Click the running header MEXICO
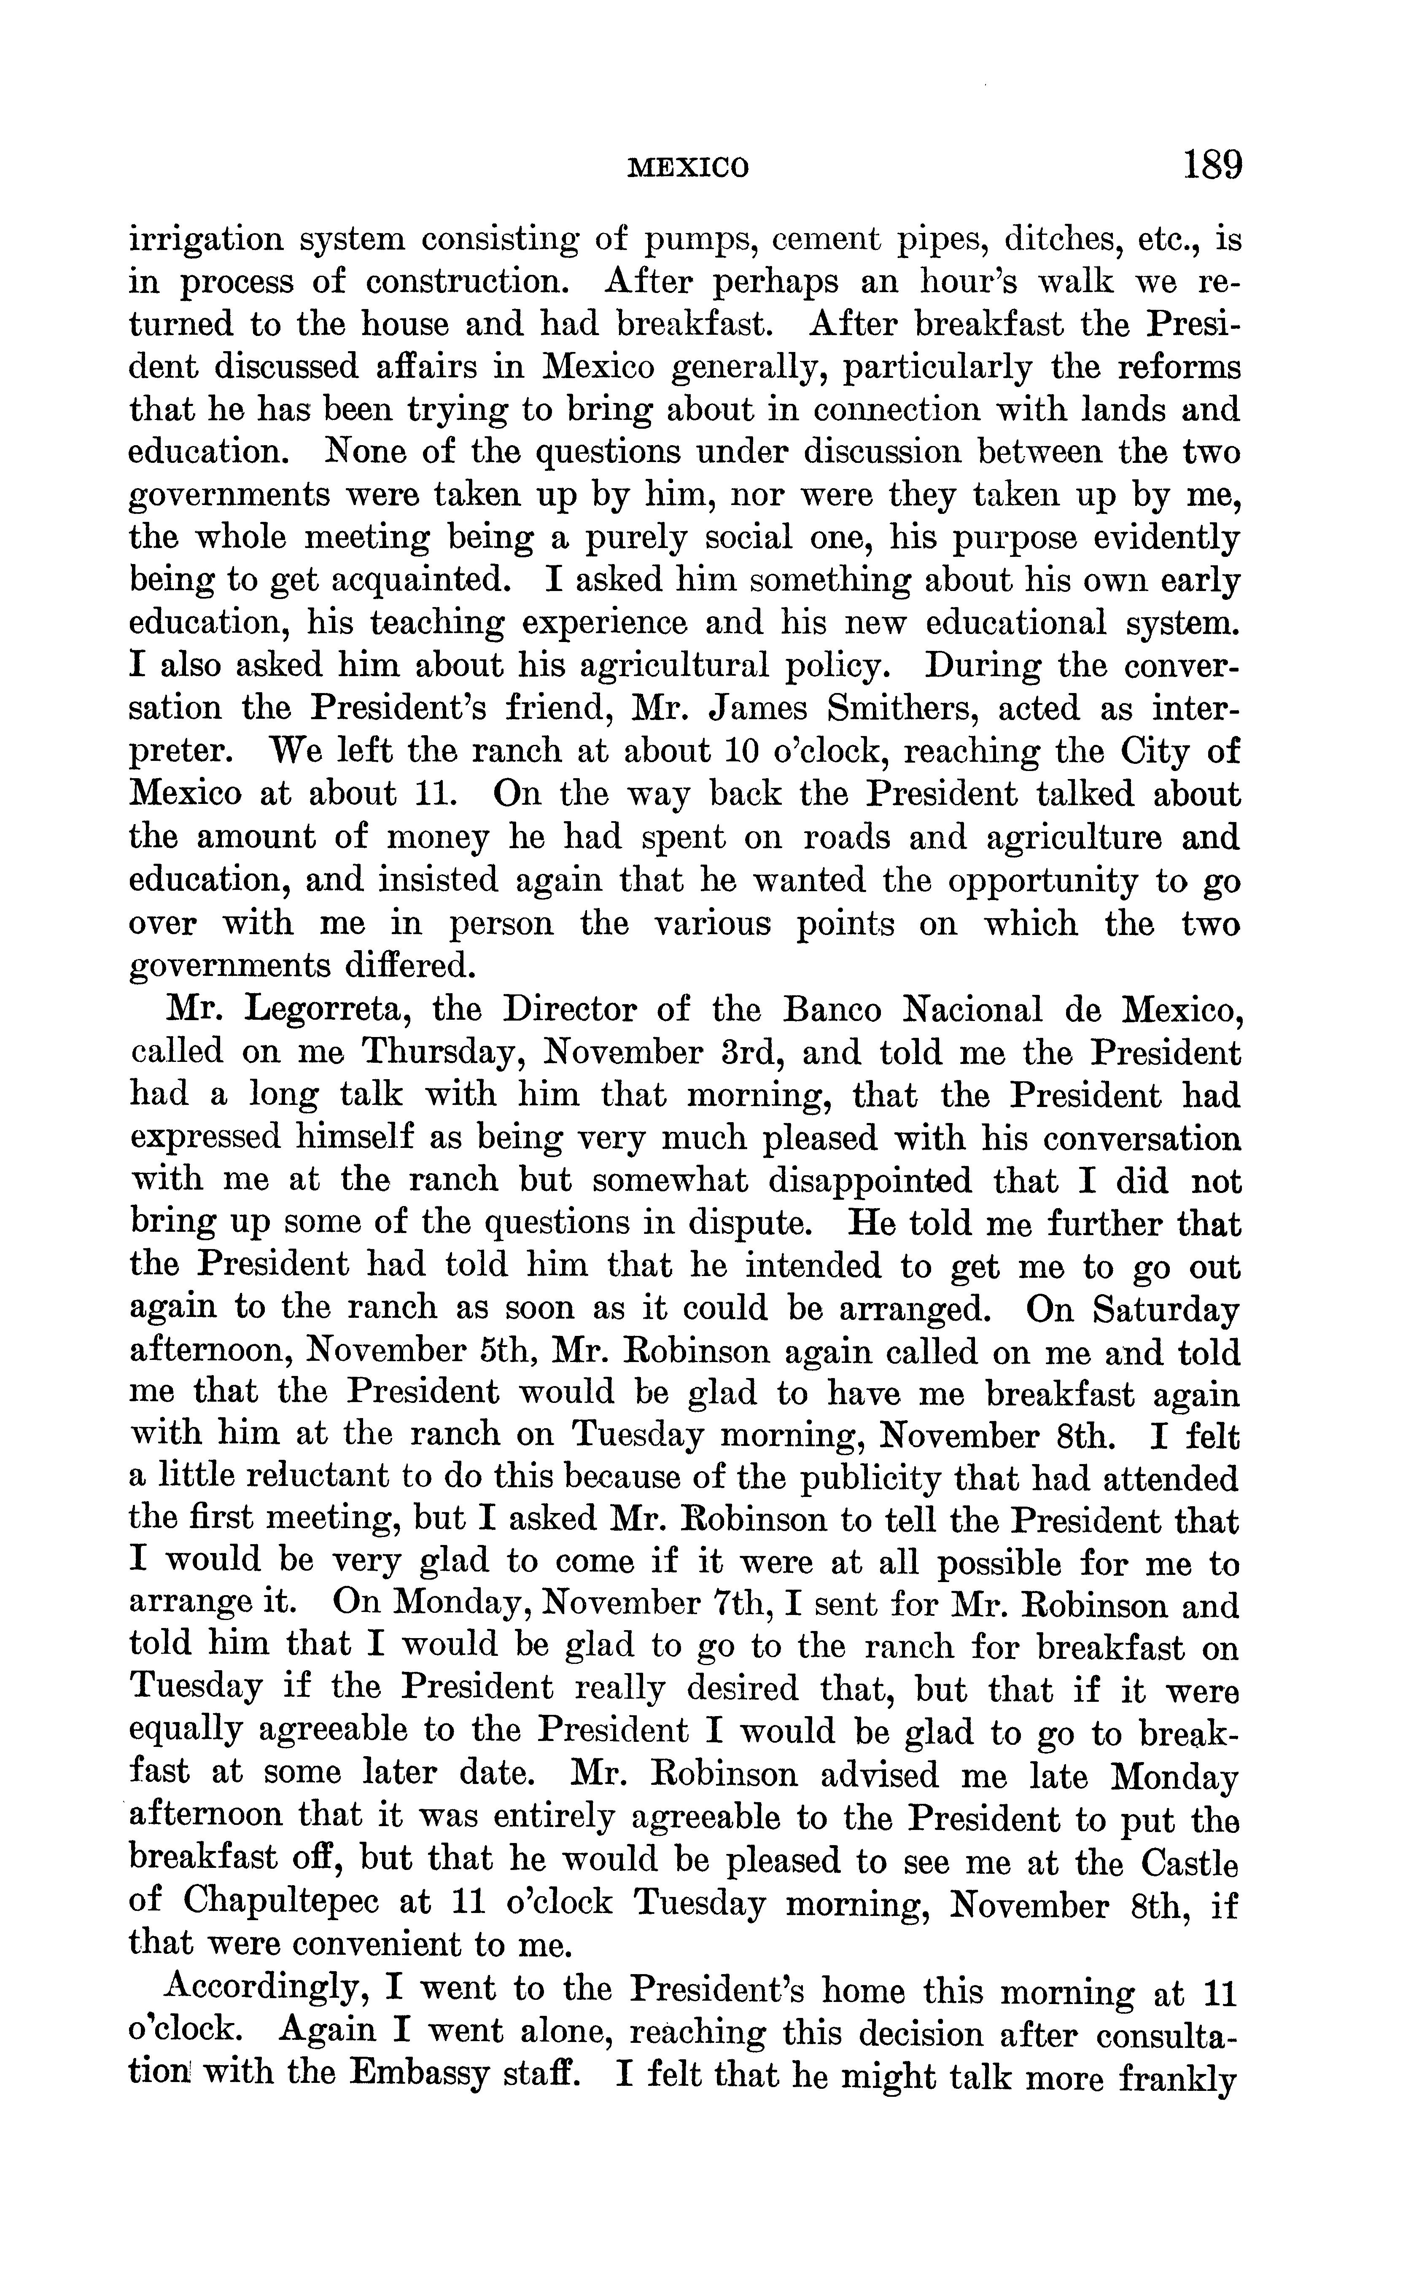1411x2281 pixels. pyautogui.click(x=688, y=168)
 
